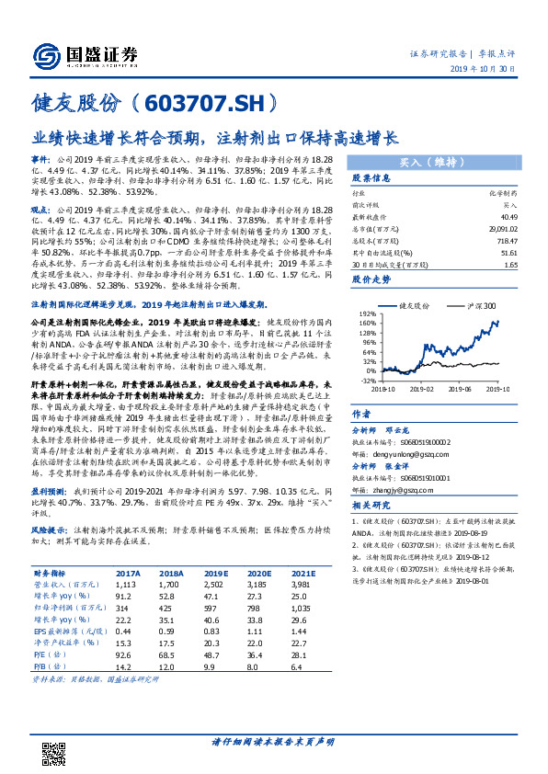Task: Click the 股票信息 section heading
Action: click(x=371, y=178)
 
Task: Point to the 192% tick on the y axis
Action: click(x=367, y=313)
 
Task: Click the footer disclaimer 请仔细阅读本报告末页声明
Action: click(x=273, y=743)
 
